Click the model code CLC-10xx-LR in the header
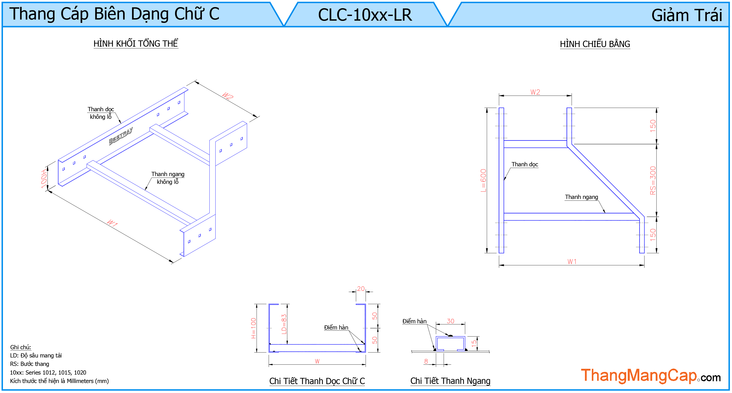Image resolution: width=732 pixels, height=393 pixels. (365, 15)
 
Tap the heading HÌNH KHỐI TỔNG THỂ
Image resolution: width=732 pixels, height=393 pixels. (136, 44)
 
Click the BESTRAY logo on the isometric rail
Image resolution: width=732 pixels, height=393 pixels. (121, 136)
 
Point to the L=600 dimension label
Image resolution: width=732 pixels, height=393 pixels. (483, 180)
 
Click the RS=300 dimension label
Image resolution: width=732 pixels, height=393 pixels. (653, 180)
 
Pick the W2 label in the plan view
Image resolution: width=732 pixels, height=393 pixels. (535, 92)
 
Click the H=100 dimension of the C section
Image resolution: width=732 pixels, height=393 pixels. (254, 328)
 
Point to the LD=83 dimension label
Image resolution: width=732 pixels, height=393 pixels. (284, 324)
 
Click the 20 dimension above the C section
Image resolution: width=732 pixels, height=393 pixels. (361, 289)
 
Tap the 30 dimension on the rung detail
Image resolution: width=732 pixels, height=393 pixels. (450, 321)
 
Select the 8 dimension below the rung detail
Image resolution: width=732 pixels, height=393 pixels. (426, 361)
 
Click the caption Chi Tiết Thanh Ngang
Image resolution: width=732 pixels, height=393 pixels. (450, 381)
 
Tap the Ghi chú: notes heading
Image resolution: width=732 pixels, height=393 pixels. (20, 347)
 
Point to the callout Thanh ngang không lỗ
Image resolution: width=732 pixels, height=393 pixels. (168, 178)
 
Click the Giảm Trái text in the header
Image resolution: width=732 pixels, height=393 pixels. (687, 15)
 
